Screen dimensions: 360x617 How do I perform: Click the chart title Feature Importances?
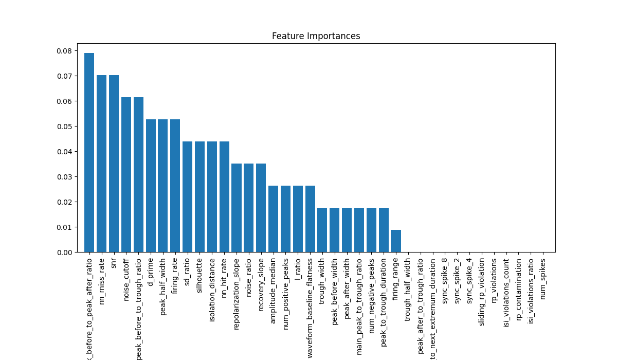316,36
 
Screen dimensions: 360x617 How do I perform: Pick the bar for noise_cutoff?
126,175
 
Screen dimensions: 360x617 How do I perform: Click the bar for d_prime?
151,186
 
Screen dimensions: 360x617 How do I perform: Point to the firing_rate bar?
175,186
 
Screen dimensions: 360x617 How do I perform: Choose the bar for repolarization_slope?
237,208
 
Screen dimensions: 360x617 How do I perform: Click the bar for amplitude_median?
273,219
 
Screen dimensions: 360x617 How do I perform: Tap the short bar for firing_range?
396,241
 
